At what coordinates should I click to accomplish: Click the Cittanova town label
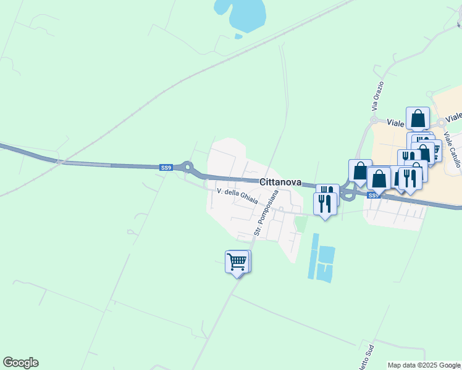pos(280,182)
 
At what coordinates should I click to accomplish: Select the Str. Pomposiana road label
pos(266,213)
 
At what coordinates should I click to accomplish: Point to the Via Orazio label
pos(378,96)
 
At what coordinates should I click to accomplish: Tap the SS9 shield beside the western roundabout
pos(166,167)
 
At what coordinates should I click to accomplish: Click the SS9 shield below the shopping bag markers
pos(372,195)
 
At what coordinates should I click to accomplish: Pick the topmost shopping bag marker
pos(418,117)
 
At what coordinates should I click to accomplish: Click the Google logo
pos(20,363)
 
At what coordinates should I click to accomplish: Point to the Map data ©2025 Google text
pos(424,365)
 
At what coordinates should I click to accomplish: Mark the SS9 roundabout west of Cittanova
pos(187,166)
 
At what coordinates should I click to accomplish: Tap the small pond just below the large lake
pos(238,36)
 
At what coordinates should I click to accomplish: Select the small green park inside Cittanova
pos(301,223)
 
